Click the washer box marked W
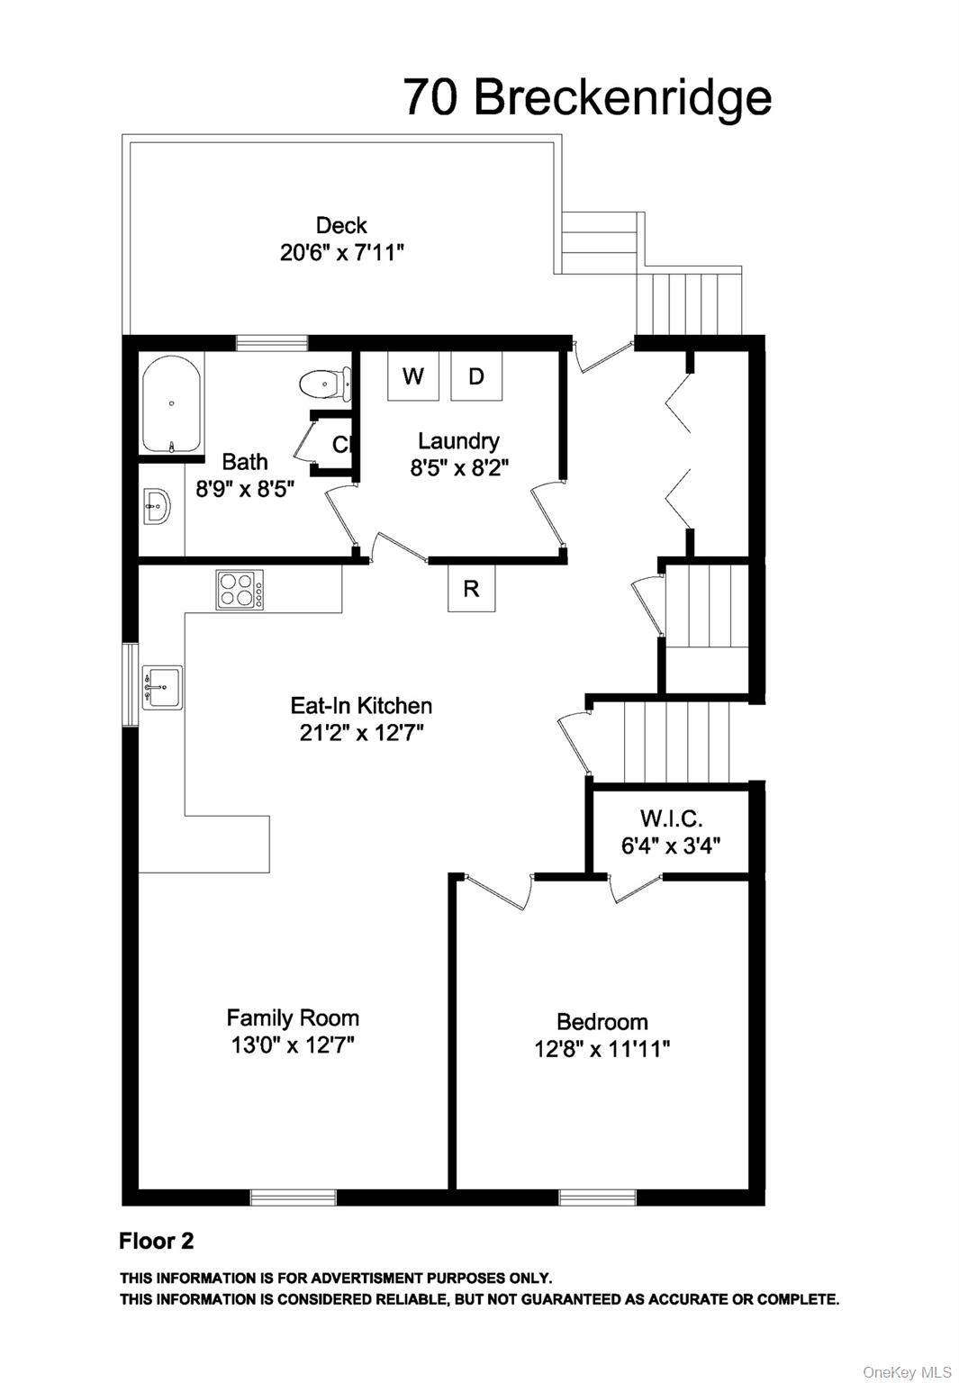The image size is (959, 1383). [x=412, y=375]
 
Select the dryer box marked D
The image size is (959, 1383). [x=476, y=375]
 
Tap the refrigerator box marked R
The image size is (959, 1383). [x=471, y=589]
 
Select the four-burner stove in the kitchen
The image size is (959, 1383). [x=240, y=591]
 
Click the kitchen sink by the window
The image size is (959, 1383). [x=162, y=687]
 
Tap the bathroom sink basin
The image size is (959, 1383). [x=156, y=507]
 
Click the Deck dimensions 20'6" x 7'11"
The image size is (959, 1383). [x=341, y=252]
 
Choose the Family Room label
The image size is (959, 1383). [x=293, y=1017]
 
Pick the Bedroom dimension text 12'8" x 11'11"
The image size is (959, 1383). [x=602, y=1049]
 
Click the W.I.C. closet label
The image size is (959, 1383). [x=671, y=818]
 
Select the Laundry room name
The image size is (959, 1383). [x=458, y=441]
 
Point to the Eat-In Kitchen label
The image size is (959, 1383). [x=361, y=705]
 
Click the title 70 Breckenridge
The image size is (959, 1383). [x=587, y=97]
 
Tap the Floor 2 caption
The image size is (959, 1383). [x=156, y=1241]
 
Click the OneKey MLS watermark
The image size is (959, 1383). [x=906, y=1371]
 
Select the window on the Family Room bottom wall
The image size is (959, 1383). [x=293, y=1198]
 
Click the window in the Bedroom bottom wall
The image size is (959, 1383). [x=597, y=1198]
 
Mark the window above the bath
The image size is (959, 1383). [x=272, y=342]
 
